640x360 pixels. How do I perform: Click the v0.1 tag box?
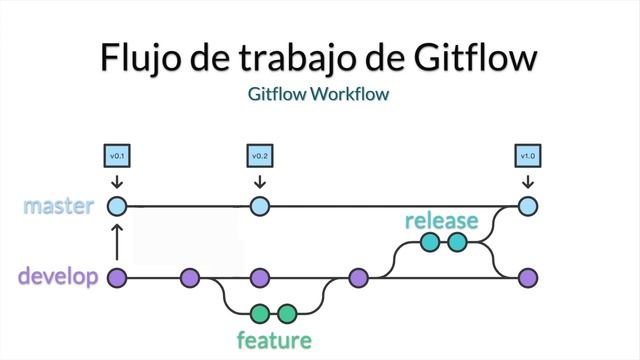coord(117,157)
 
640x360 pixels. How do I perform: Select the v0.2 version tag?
coord(260,157)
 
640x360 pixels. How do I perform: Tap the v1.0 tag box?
coord(528,157)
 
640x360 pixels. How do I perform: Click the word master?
coord(59,207)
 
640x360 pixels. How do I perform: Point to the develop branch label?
coord(58,277)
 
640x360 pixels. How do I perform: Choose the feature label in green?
coord(274,340)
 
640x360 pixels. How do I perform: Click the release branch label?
coord(441,220)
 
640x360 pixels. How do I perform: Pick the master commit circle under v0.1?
coord(117,207)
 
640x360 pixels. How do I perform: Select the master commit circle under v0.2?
coord(260,207)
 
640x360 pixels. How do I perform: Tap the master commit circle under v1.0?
coord(528,207)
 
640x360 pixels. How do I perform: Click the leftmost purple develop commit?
coord(117,278)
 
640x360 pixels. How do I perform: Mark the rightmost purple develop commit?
coord(528,278)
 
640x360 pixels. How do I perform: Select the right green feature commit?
coord(288,313)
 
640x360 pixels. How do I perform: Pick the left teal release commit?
coord(430,242)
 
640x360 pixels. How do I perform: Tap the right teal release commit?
coord(458,242)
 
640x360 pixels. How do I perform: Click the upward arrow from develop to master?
coord(117,242)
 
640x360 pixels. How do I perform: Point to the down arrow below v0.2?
coord(260,182)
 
